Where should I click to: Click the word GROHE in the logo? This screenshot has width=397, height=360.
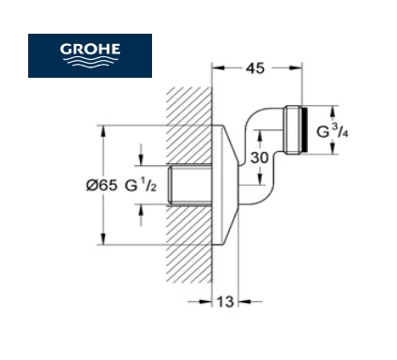(x=90, y=49)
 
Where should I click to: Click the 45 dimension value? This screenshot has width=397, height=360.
(x=255, y=68)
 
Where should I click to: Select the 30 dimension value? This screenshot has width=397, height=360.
(x=259, y=157)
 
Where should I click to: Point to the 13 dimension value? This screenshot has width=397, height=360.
(x=225, y=302)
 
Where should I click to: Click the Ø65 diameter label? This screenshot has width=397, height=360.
(x=101, y=186)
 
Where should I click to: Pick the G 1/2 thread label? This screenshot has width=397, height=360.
(x=141, y=186)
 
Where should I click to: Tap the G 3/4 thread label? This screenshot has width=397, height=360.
(x=332, y=131)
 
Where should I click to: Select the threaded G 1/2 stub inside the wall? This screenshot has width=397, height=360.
(x=190, y=185)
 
